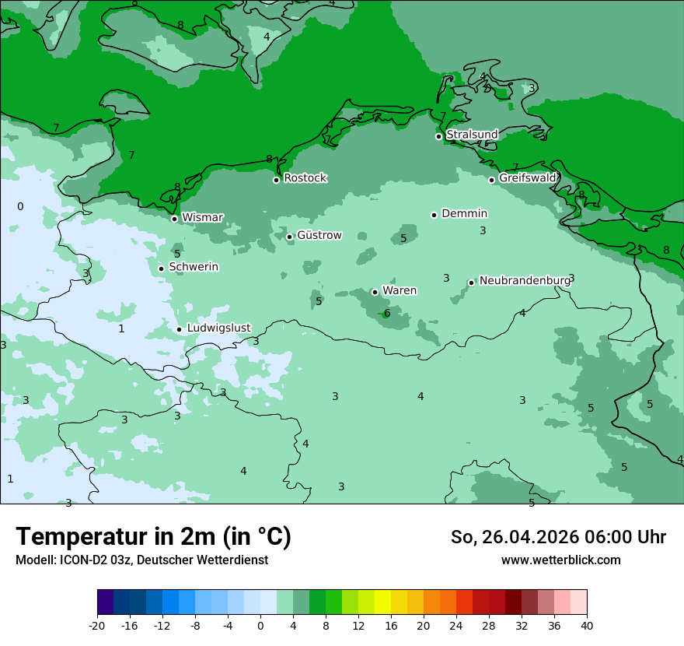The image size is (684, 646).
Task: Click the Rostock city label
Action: tap(305, 178)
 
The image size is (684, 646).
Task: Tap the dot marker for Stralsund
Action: tap(438, 136)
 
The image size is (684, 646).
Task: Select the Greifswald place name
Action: tap(527, 178)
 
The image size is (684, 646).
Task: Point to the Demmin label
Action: tap(464, 214)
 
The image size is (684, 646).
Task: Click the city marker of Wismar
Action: tap(174, 219)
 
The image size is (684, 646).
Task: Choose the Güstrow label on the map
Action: tap(319, 235)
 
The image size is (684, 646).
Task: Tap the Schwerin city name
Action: tap(194, 267)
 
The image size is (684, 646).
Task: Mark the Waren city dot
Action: tap(375, 292)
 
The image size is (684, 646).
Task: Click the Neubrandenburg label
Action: tap(524, 281)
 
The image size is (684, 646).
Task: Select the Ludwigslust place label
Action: tap(218, 328)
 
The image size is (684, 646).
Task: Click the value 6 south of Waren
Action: tap(387, 314)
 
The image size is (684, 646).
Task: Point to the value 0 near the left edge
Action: tap(20, 206)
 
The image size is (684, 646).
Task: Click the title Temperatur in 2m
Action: tap(153, 537)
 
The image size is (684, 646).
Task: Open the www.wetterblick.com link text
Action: tap(560, 560)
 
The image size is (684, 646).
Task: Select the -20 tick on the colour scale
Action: tap(97, 625)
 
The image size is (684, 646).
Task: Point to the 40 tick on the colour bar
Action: tap(587, 625)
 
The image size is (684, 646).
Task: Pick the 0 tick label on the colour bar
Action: tap(260, 625)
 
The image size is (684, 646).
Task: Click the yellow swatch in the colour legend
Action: tap(382, 602)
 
